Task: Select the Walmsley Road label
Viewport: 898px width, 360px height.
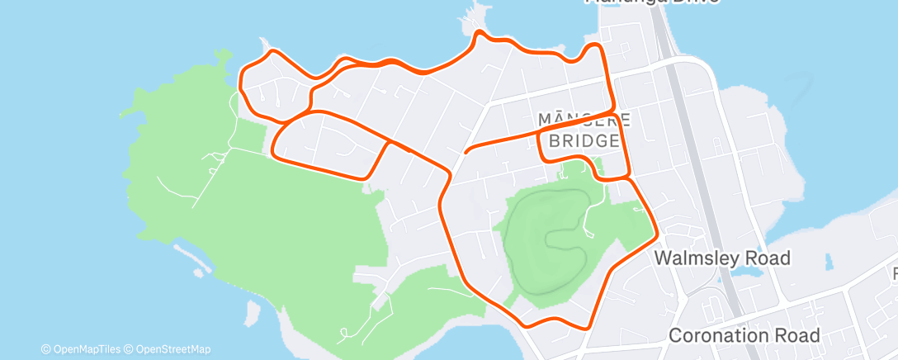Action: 722,258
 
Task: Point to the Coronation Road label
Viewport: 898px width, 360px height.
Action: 744,335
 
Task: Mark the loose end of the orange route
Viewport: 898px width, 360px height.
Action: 466,153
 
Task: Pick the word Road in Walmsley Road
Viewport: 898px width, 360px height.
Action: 768,258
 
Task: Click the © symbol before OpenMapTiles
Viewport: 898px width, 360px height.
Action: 45,349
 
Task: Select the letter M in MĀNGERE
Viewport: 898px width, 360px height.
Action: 544,118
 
